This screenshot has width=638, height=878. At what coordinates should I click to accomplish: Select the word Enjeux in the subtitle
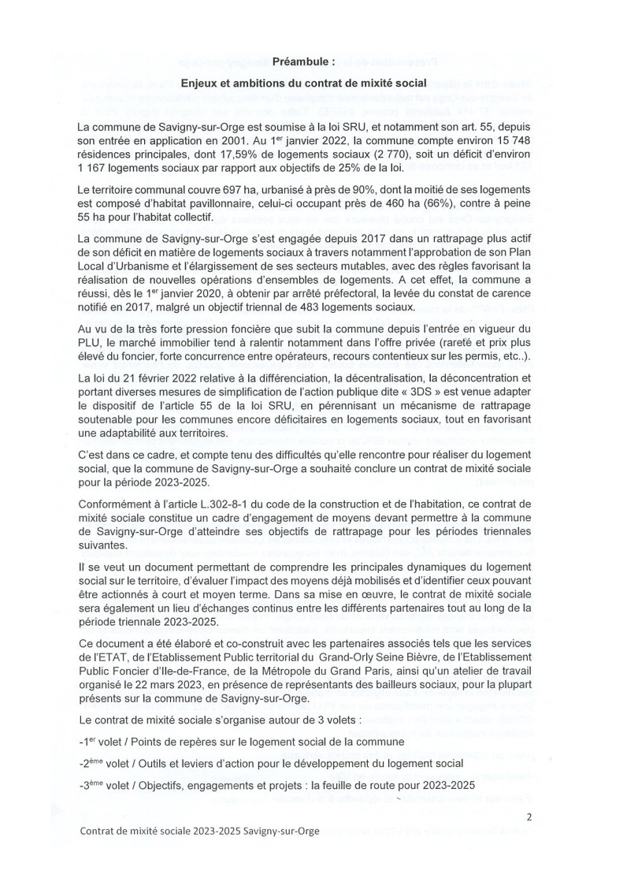(x=199, y=82)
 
